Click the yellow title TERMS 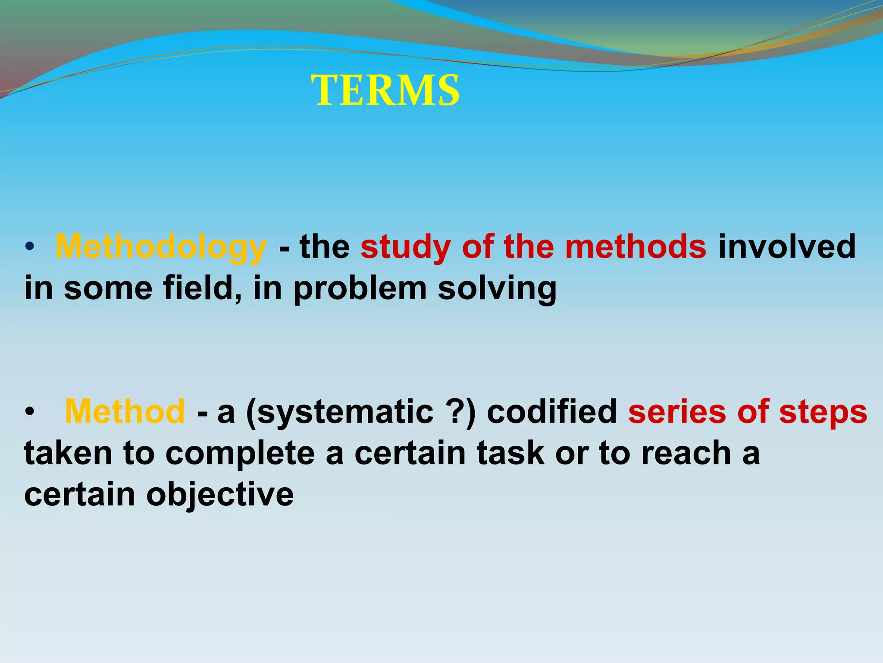[x=385, y=91]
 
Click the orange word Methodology [x=161, y=247]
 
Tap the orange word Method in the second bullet [x=125, y=411]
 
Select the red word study [x=405, y=247]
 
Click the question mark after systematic [x=456, y=411]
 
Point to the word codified [x=552, y=411]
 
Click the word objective [x=220, y=495]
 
